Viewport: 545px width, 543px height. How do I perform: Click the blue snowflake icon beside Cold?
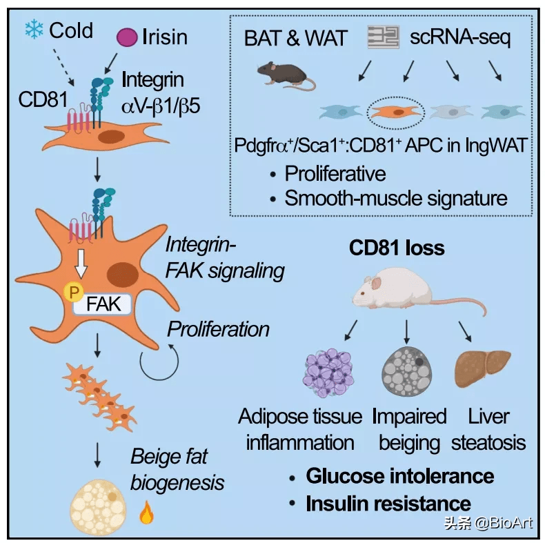[32, 29]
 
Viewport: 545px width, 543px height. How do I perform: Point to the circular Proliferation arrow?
[161, 362]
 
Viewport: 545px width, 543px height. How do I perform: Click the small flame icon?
[146, 513]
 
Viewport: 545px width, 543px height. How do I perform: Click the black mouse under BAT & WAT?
[283, 73]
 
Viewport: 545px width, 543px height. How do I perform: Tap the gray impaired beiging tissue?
[407, 371]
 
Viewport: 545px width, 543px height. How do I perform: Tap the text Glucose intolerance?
[399, 475]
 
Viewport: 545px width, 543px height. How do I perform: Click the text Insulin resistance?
[388, 503]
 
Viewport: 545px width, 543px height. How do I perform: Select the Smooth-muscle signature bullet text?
[396, 199]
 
